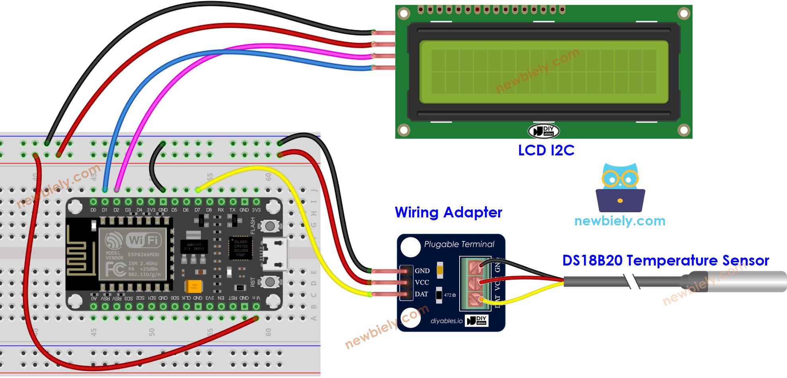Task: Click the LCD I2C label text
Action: point(546,150)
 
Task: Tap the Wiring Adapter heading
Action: point(448,212)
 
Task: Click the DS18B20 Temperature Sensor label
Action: point(665,260)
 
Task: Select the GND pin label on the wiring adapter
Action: point(422,271)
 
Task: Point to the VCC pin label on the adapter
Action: point(422,282)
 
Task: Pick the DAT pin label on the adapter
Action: point(421,294)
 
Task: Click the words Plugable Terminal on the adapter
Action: point(459,244)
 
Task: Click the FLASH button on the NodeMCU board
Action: point(270,226)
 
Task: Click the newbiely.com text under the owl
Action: point(619,221)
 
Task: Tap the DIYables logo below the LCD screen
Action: point(543,131)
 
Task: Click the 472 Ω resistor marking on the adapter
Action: point(450,295)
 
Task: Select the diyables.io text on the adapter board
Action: point(446,321)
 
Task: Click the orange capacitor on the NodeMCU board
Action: point(194,286)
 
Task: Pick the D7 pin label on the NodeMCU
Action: point(197,210)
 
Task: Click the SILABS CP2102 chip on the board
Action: point(241,248)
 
